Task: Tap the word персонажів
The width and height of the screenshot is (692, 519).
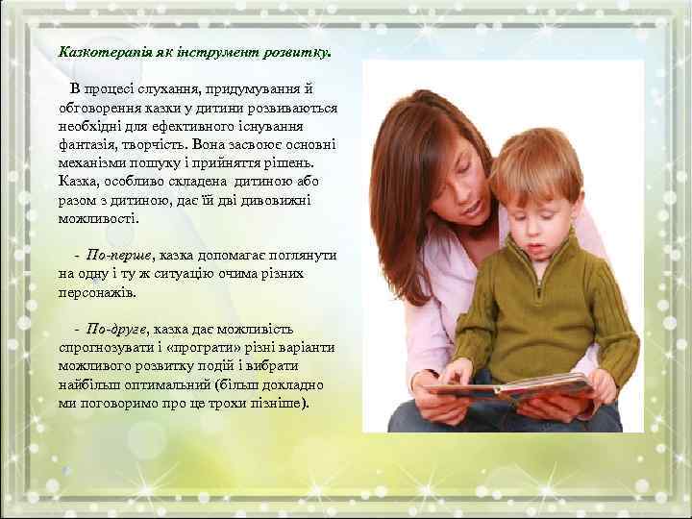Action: click(97, 291)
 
